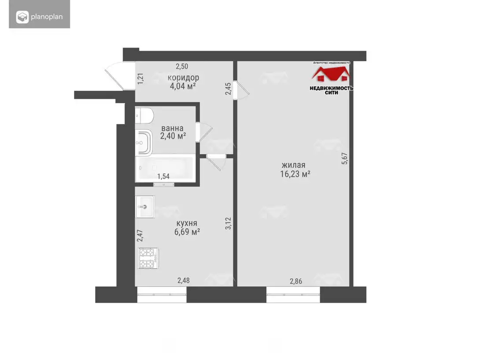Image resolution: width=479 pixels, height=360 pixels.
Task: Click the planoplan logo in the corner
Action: coord(40,17)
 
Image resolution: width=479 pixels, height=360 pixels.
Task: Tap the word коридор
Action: coord(183,78)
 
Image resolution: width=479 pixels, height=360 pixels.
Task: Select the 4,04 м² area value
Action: coord(183,86)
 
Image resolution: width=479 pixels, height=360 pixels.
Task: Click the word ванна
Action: coord(172,128)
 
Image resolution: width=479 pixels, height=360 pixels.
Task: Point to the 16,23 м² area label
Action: coord(295,174)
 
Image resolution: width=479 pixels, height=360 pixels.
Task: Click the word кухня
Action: coord(187,223)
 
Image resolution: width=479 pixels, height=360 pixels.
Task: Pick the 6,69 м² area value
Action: coord(187,232)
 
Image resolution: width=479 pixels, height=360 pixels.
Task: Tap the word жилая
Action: coord(294,166)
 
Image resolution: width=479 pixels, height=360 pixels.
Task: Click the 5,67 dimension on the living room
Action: coord(345,159)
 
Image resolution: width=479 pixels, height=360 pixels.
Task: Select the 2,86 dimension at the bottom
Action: coord(296,281)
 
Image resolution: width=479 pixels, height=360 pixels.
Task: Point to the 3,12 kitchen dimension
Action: coord(228,223)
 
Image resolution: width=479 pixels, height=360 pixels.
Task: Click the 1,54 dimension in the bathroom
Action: coord(163,176)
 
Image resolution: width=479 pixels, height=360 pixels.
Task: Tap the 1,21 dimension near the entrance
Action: coord(140,78)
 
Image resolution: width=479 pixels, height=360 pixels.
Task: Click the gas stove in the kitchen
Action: coord(148,258)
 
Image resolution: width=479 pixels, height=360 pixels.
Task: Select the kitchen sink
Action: coord(145,207)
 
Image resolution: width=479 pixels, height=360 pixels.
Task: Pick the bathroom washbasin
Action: coord(144,142)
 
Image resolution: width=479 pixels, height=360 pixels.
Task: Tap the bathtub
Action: coord(165,168)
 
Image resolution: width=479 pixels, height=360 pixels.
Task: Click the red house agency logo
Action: coord(331,74)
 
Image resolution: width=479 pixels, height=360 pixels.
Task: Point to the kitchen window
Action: coord(162,294)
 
